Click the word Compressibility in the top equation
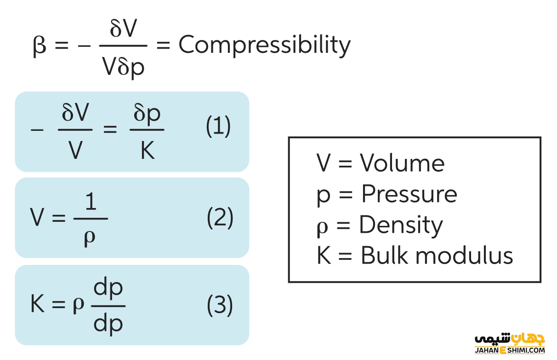click(x=264, y=45)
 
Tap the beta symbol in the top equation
click(x=40, y=46)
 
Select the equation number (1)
click(x=218, y=127)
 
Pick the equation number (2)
click(x=220, y=218)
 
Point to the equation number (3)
click(x=220, y=305)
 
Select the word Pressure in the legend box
click(x=409, y=194)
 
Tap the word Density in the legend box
click(x=400, y=225)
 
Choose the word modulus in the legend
click(x=467, y=255)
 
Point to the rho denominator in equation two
click(x=90, y=237)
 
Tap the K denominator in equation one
click(x=148, y=150)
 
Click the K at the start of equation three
click(x=37, y=304)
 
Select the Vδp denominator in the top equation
click(x=123, y=67)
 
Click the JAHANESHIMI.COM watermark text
click(x=509, y=350)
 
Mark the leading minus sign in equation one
click(x=37, y=129)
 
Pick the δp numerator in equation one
click(x=147, y=113)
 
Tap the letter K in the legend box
click(x=324, y=255)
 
